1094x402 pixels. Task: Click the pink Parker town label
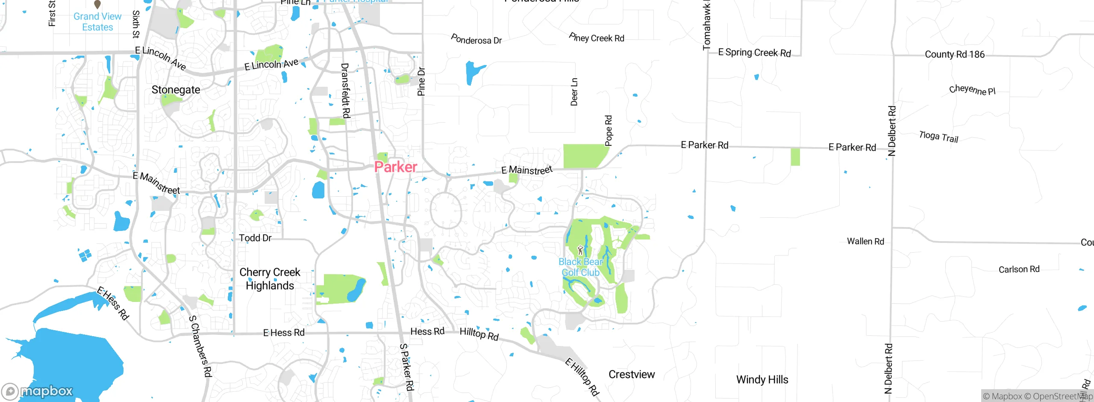tap(395, 167)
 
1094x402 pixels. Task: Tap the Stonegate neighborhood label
tap(176, 90)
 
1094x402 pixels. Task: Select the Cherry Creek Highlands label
tap(270, 279)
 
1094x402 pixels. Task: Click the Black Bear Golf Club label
tap(580, 267)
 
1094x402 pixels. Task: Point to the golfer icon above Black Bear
tap(580, 250)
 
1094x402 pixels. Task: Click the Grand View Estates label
tap(97, 22)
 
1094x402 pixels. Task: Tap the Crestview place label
tap(631, 375)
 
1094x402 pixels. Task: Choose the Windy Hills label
tap(762, 380)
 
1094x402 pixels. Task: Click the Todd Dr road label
tap(255, 238)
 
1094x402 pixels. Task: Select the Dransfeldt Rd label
tap(345, 91)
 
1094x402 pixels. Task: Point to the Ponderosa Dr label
tap(476, 40)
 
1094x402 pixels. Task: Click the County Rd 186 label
tap(954, 54)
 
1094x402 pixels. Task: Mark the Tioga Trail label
tap(938, 137)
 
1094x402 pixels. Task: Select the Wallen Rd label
tap(865, 241)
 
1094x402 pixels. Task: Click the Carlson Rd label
tap(1019, 269)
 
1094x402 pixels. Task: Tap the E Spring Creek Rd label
tap(754, 53)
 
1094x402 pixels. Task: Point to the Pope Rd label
tap(609, 130)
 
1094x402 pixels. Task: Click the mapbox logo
tap(38, 391)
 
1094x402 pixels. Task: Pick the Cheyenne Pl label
tap(972, 90)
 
